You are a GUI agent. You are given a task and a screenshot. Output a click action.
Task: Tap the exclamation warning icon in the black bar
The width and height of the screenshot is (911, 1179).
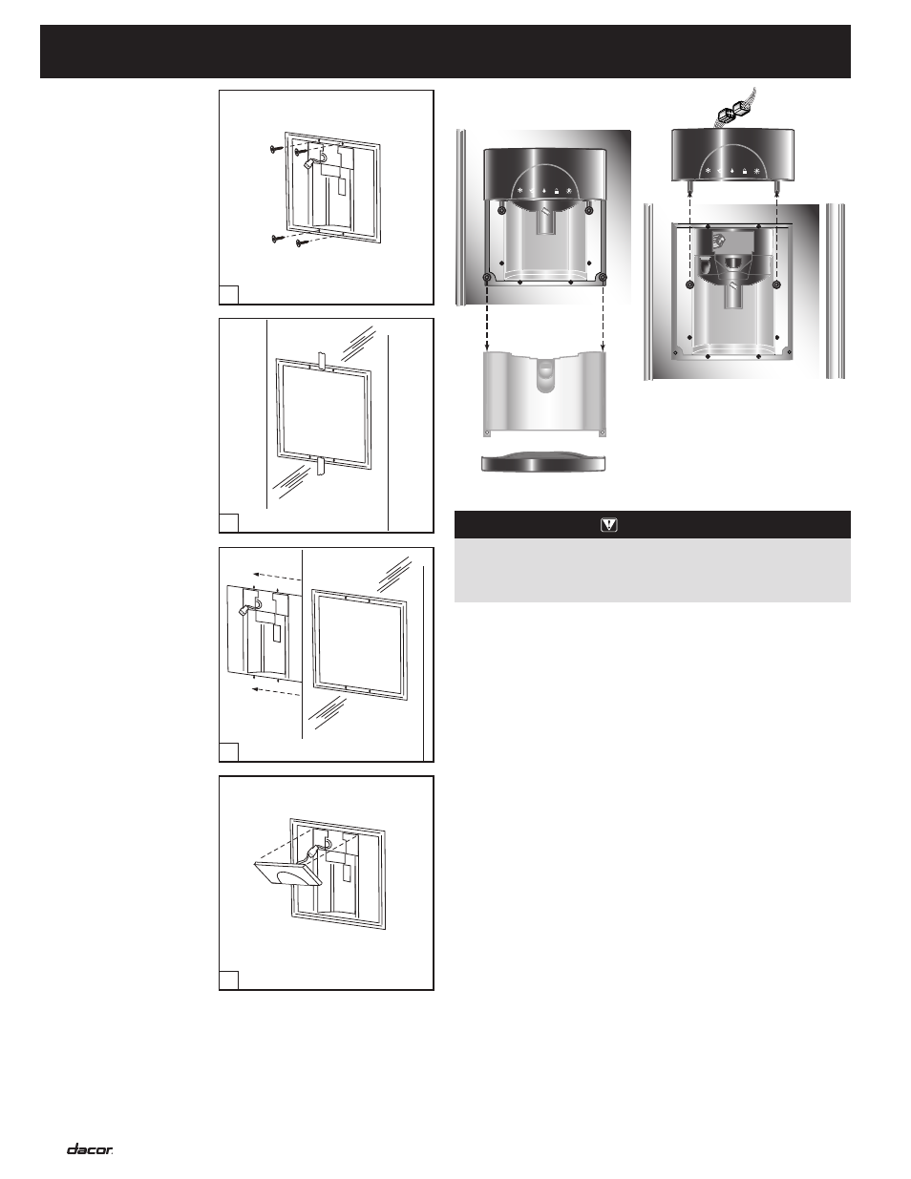tap(609, 525)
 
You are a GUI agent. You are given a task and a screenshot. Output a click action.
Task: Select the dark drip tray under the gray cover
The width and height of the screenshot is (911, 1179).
tap(543, 462)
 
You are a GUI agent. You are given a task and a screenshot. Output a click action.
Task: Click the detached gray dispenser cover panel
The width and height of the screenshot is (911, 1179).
tap(544, 393)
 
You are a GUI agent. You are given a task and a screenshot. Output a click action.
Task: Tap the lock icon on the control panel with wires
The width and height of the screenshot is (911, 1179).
tap(745, 172)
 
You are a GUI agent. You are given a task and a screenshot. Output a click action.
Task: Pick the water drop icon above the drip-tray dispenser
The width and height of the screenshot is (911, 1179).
tap(544, 191)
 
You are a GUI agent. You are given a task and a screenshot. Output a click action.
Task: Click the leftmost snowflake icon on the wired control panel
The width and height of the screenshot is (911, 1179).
tap(708, 171)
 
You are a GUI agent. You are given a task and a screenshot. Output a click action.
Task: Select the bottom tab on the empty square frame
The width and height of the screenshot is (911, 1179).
tap(320, 466)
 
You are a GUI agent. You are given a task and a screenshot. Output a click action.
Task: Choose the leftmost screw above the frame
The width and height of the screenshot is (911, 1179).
tap(276, 148)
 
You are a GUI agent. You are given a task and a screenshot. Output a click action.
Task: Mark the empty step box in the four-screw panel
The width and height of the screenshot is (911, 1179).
tap(228, 295)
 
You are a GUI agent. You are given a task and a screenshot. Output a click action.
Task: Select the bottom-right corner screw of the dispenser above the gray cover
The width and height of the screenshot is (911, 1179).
tap(603, 277)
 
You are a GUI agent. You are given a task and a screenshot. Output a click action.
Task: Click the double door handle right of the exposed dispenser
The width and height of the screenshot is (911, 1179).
tap(836, 291)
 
